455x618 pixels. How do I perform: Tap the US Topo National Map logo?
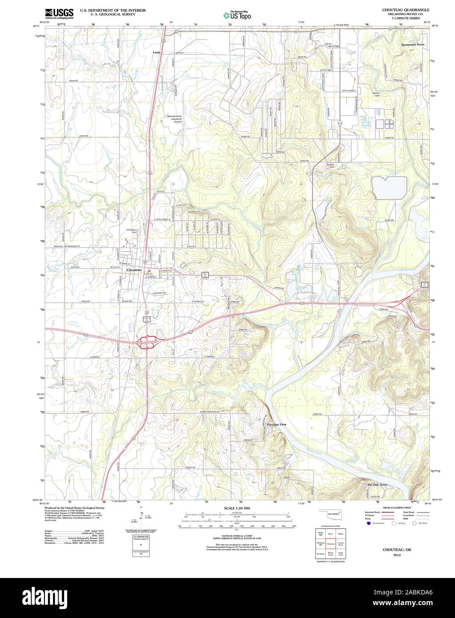237,15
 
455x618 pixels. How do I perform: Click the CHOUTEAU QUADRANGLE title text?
405,9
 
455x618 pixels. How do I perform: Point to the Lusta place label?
156,52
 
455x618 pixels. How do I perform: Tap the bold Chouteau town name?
134,270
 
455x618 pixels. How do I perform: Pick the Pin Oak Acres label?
377,485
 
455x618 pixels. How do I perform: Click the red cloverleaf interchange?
147,342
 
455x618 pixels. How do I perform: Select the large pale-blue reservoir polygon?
389,188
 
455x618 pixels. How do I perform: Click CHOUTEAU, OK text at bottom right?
397,550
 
